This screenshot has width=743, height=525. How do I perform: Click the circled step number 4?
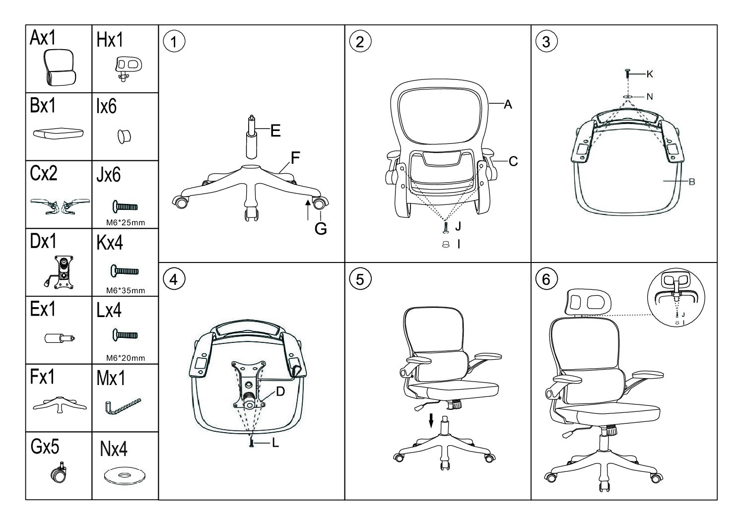point(173,279)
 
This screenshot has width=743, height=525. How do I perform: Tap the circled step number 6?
point(546,279)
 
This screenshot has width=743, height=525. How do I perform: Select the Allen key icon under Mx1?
point(123,407)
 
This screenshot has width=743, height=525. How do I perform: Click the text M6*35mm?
point(126,291)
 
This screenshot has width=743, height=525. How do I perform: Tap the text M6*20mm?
point(126,358)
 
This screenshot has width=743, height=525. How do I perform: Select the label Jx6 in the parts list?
point(109,175)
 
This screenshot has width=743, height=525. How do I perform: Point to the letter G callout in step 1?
point(321,230)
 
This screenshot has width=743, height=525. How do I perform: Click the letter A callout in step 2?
point(508,105)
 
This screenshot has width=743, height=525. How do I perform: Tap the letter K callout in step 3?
point(650,74)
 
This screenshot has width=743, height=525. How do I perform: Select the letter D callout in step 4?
point(280,392)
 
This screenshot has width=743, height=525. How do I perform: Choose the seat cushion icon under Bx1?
point(59,133)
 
